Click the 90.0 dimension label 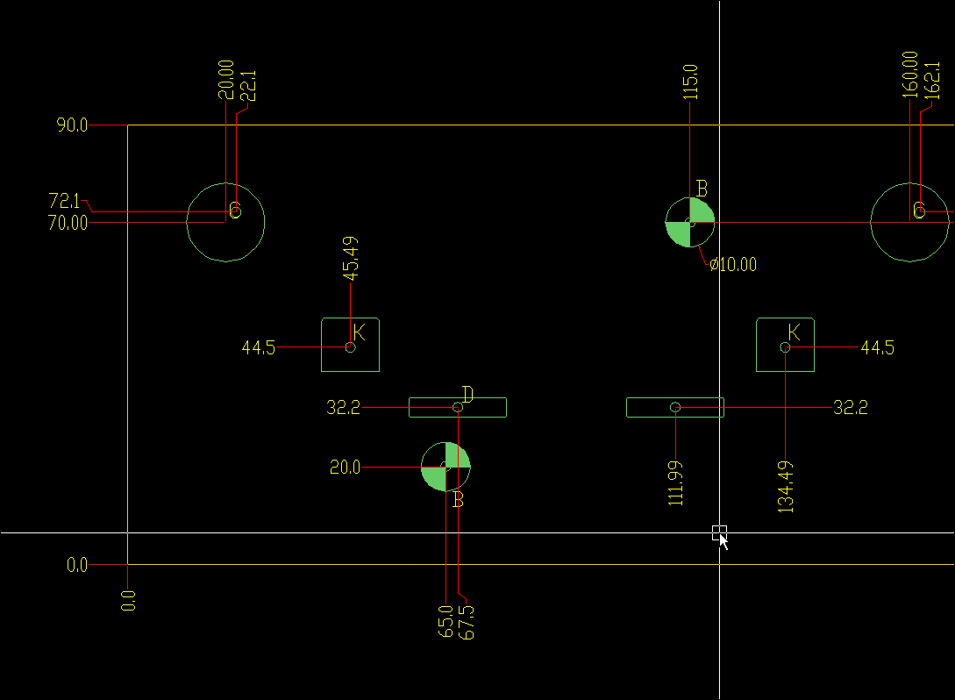point(72,125)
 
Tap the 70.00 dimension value point(68,223)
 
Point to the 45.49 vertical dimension point(351,258)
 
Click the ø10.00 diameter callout point(733,264)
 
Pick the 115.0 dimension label point(690,81)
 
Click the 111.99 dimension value point(675,482)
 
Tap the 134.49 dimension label point(786,486)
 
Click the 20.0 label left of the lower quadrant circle point(345,468)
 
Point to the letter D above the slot point(467,394)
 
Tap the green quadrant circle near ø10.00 point(690,223)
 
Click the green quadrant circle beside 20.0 point(445,468)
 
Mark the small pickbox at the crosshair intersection point(719,532)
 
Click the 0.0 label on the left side point(77,565)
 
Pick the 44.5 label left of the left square point(258,348)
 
